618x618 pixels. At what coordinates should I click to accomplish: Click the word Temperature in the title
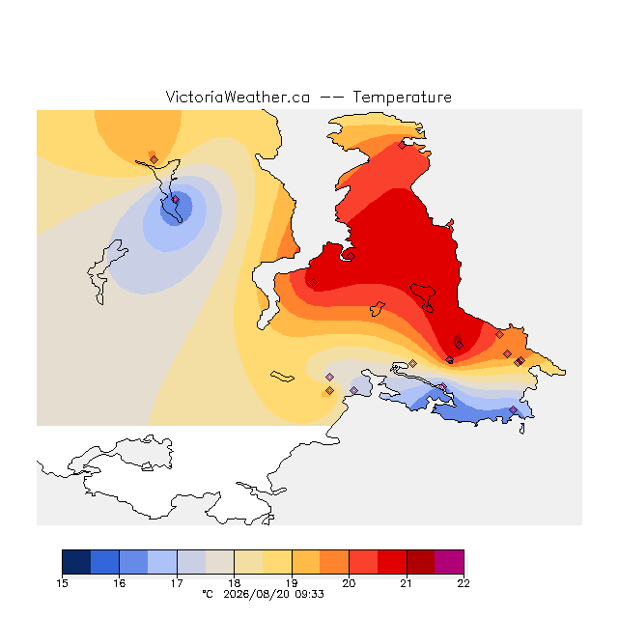pyautogui.click(x=402, y=97)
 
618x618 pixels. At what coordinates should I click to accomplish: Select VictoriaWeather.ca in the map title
pyautogui.click(x=238, y=97)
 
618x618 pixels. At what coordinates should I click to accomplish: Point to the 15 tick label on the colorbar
pyautogui.click(x=62, y=583)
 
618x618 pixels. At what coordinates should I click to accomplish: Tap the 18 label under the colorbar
pyautogui.click(x=235, y=583)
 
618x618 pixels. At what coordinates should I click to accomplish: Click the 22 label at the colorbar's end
pyautogui.click(x=463, y=583)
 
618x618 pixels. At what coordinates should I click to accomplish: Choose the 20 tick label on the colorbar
pyautogui.click(x=349, y=583)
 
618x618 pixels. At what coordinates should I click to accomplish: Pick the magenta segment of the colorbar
pyautogui.click(x=449, y=562)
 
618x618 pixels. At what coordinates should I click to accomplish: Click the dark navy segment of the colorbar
pyautogui.click(x=76, y=562)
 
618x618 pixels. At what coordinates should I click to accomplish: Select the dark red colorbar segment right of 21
pyautogui.click(x=421, y=562)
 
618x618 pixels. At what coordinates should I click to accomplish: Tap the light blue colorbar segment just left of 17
pyautogui.click(x=162, y=562)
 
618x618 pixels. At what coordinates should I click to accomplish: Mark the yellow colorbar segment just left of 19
pyautogui.click(x=277, y=562)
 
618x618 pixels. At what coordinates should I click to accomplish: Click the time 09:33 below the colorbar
pyautogui.click(x=309, y=594)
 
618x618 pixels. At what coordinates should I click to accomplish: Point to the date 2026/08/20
pyautogui.click(x=258, y=594)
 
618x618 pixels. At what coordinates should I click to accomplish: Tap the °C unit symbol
pyautogui.click(x=208, y=594)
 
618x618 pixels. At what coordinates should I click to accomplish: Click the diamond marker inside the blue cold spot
pyautogui.click(x=176, y=200)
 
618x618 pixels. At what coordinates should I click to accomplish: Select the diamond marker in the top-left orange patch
pyautogui.click(x=154, y=159)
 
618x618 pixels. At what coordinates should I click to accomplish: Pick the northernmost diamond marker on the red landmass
pyautogui.click(x=402, y=146)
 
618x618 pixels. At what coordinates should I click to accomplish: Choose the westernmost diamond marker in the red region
pyautogui.click(x=313, y=282)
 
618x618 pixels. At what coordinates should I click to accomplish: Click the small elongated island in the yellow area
pyautogui.click(x=282, y=377)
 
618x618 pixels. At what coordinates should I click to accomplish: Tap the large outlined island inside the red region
pyautogui.click(x=423, y=295)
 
